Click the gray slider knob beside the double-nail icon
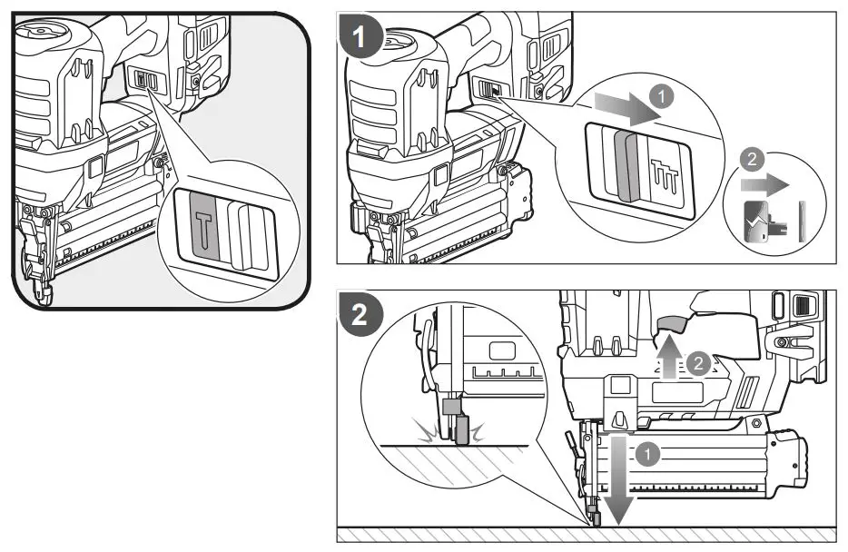pyautogui.click(x=624, y=164)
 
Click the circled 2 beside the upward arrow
pyautogui.click(x=697, y=363)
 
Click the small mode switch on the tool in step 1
pyautogui.click(x=489, y=90)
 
